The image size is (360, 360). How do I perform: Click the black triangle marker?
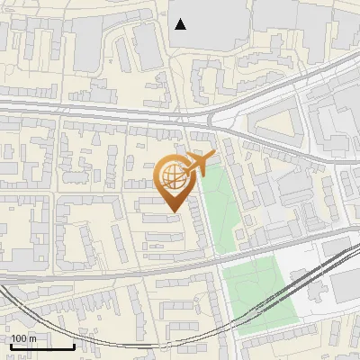(x=181, y=24)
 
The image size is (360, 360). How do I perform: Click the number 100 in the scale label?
(x=19, y=338)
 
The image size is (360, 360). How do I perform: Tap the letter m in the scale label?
(x=32, y=338)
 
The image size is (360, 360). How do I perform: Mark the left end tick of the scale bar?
(x=11, y=346)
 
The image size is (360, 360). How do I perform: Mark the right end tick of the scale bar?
(x=74, y=346)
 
